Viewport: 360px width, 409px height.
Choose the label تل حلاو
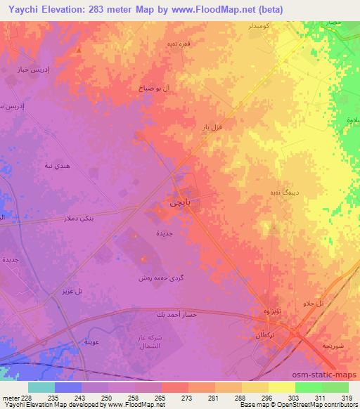tap(312, 303)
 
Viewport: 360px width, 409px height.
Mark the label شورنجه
tap(333, 346)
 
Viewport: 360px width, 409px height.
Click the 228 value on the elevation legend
tap(27, 397)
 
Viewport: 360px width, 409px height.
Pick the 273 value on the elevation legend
tap(187, 397)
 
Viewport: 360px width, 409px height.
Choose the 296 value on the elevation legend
tap(268, 397)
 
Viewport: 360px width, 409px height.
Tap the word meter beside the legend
tap(10, 397)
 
